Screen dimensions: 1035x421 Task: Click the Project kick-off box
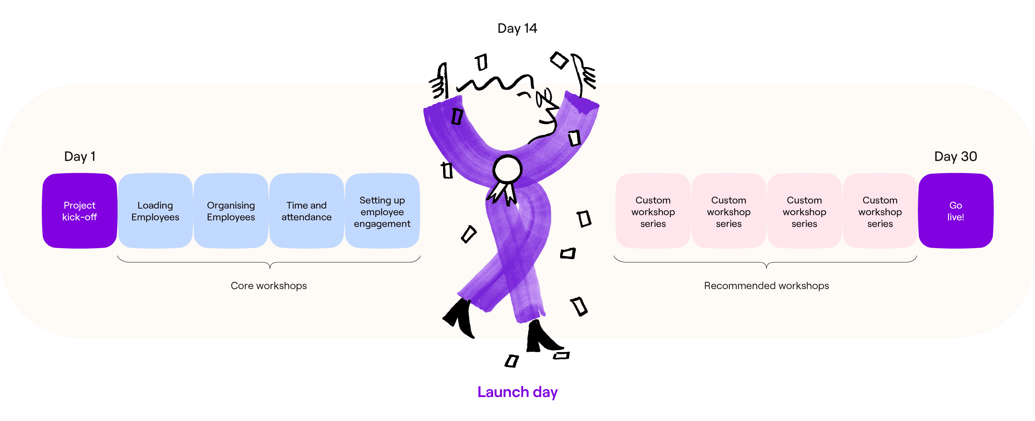(80, 211)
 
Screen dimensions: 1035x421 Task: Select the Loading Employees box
(155, 211)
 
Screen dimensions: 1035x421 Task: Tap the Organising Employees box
(231, 211)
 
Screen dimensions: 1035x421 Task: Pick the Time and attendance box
(306, 211)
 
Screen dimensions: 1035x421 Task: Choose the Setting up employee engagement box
(382, 211)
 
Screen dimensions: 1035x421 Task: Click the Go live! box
(955, 211)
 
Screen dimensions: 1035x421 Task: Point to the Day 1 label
(80, 156)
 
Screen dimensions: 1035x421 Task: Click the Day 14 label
(517, 28)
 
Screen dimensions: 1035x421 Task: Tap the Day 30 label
(955, 156)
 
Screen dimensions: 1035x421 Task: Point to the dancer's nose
(553, 108)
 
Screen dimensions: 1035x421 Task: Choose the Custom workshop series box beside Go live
(880, 211)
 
